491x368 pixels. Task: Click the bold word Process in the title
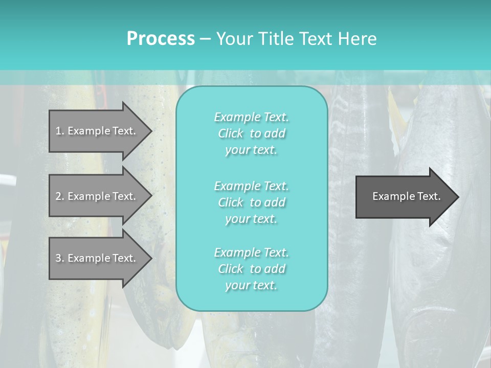[161, 39]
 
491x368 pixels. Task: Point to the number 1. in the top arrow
[60, 131]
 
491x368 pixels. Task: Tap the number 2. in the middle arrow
[60, 196]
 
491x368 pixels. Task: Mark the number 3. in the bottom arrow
[60, 258]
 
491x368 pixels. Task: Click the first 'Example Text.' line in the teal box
[251, 117]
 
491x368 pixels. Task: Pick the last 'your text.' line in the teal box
[251, 285]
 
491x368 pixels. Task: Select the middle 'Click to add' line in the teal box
[251, 202]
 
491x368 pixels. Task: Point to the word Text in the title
[317, 39]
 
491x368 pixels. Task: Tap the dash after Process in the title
[205, 39]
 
